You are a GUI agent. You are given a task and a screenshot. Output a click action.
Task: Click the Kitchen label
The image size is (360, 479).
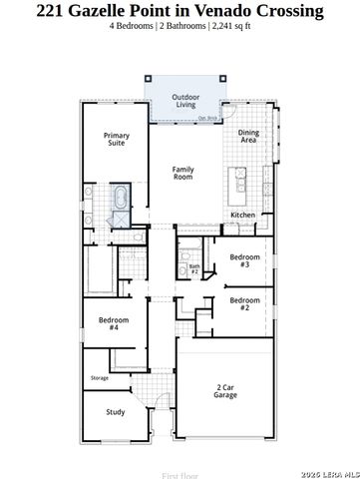[243, 215]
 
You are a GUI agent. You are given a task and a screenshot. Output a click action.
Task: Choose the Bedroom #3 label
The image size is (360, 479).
[244, 260]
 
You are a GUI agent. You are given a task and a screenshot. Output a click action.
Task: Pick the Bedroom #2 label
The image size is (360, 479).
[244, 303]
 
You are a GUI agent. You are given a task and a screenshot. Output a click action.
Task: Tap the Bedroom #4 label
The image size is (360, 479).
[114, 323]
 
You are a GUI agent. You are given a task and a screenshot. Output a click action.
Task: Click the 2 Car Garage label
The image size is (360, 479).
[225, 391]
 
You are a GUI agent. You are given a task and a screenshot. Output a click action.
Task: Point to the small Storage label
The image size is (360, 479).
[100, 377]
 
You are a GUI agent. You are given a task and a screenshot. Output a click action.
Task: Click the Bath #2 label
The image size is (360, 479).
[195, 268]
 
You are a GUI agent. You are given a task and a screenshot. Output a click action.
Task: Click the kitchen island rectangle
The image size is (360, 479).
[239, 181]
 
